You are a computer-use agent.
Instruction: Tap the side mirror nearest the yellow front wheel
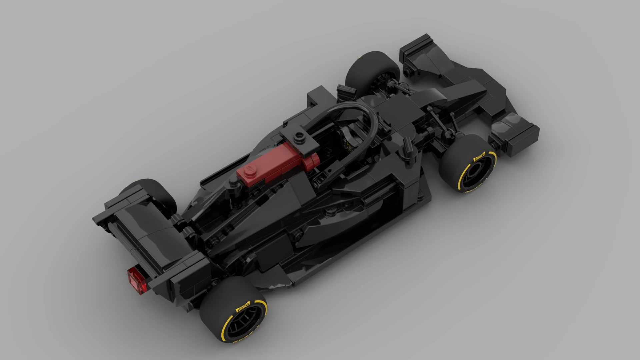coord(407,147)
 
